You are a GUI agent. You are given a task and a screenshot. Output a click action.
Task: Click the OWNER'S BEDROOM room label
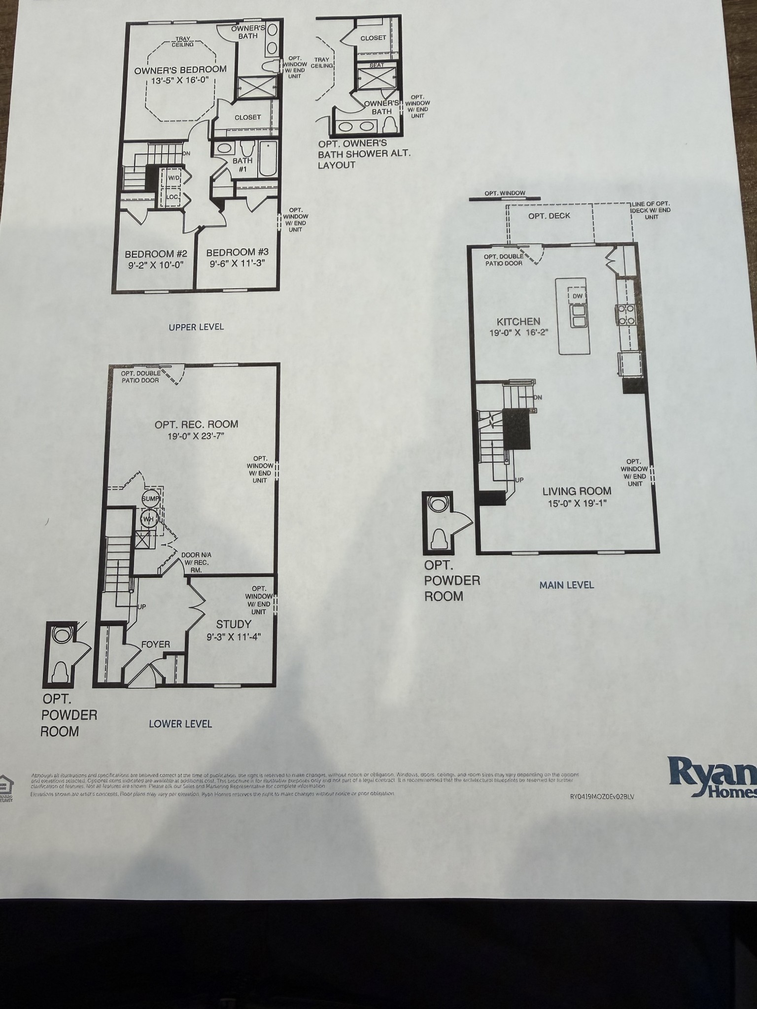(x=180, y=70)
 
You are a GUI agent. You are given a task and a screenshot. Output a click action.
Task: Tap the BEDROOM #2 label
(x=156, y=254)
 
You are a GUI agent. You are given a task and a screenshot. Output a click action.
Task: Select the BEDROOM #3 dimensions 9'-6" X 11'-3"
(x=237, y=263)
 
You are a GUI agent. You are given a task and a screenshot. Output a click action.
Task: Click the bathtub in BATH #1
(x=268, y=159)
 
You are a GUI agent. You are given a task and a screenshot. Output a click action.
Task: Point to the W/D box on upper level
(x=174, y=177)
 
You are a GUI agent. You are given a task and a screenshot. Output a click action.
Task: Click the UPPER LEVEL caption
(x=196, y=327)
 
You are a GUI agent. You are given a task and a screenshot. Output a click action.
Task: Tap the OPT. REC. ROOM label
(x=196, y=424)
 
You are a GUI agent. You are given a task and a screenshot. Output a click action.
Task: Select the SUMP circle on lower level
(x=150, y=499)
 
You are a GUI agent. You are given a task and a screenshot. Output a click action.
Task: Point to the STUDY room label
(x=234, y=624)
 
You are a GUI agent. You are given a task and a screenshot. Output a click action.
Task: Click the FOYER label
(x=155, y=644)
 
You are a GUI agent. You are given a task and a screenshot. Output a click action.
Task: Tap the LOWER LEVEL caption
(x=180, y=724)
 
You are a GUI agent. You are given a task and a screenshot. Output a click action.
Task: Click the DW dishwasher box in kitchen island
(x=578, y=296)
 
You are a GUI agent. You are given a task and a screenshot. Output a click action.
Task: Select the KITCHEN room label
(x=518, y=322)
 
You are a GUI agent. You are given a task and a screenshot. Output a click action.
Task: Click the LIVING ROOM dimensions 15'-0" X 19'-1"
(x=577, y=504)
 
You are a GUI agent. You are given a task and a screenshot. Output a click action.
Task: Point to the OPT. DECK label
(x=549, y=216)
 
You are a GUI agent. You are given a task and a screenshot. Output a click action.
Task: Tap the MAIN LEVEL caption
(x=566, y=585)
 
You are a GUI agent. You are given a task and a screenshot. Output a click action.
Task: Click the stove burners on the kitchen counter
(x=625, y=314)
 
